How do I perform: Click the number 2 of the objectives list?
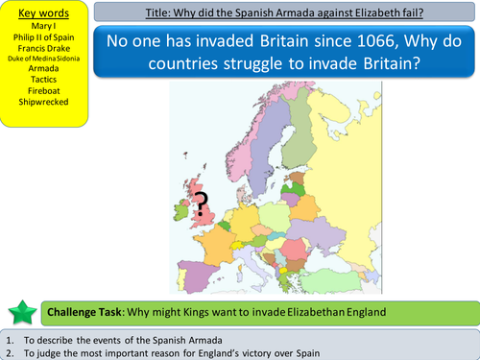pos(9,351)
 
